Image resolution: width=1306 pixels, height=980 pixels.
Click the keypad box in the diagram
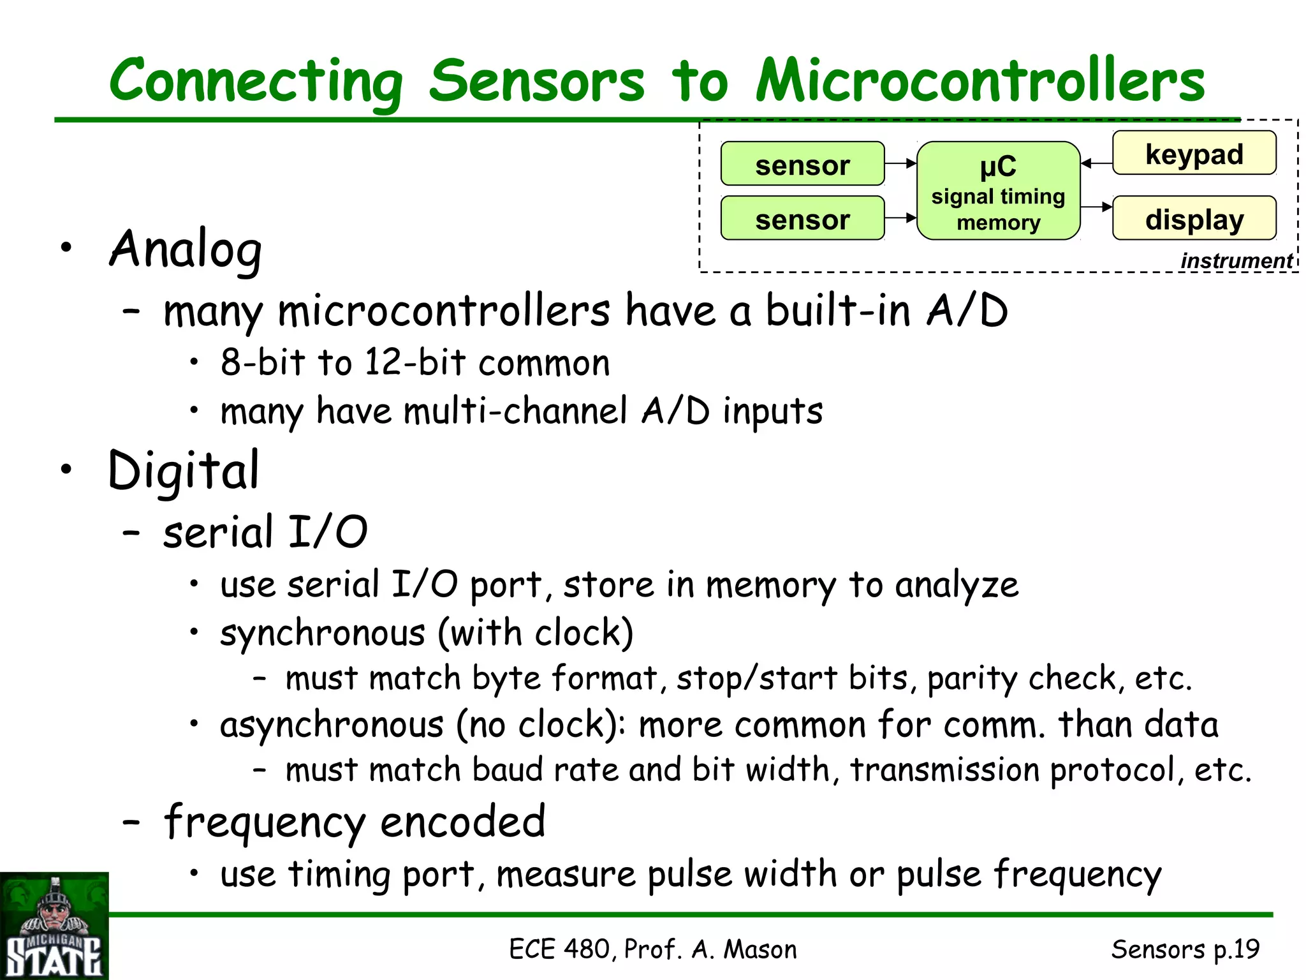1194,153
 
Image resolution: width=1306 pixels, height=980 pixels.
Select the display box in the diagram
1194,218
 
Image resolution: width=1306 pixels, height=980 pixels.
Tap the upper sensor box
802,164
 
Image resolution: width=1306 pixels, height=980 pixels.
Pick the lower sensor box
802,218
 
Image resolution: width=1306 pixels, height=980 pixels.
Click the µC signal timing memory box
998,191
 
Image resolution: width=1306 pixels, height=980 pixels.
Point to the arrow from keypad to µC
1097,163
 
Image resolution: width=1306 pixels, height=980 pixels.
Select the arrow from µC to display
1097,207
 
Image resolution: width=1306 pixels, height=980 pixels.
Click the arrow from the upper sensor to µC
900,164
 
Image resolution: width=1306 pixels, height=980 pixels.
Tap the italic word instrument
1236,261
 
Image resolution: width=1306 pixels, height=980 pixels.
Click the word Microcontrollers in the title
980,81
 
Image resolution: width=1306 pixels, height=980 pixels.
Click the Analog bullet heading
186,249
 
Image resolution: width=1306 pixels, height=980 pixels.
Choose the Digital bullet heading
184,471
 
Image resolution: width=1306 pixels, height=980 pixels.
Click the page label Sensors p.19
1185,949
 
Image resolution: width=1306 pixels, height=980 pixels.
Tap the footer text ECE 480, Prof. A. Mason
652,949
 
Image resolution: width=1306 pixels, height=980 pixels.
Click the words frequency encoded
355,822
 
